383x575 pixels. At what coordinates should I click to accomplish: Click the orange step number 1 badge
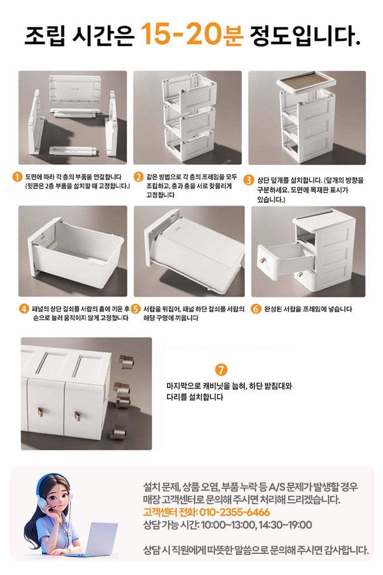(x=17, y=177)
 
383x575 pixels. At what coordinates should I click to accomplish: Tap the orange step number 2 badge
(x=138, y=177)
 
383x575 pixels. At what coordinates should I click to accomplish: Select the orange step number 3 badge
(x=249, y=180)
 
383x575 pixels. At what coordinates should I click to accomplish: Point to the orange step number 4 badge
(x=24, y=309)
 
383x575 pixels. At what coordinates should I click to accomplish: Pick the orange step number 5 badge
(x=136, y=309)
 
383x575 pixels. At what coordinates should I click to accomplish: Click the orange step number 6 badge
(x=256, y=309)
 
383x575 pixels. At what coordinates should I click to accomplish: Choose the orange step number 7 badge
(x=221, y=370)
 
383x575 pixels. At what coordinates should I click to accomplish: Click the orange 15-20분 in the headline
(x=192, y=34)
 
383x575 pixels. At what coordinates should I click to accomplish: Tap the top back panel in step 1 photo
(x=75, y=88)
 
